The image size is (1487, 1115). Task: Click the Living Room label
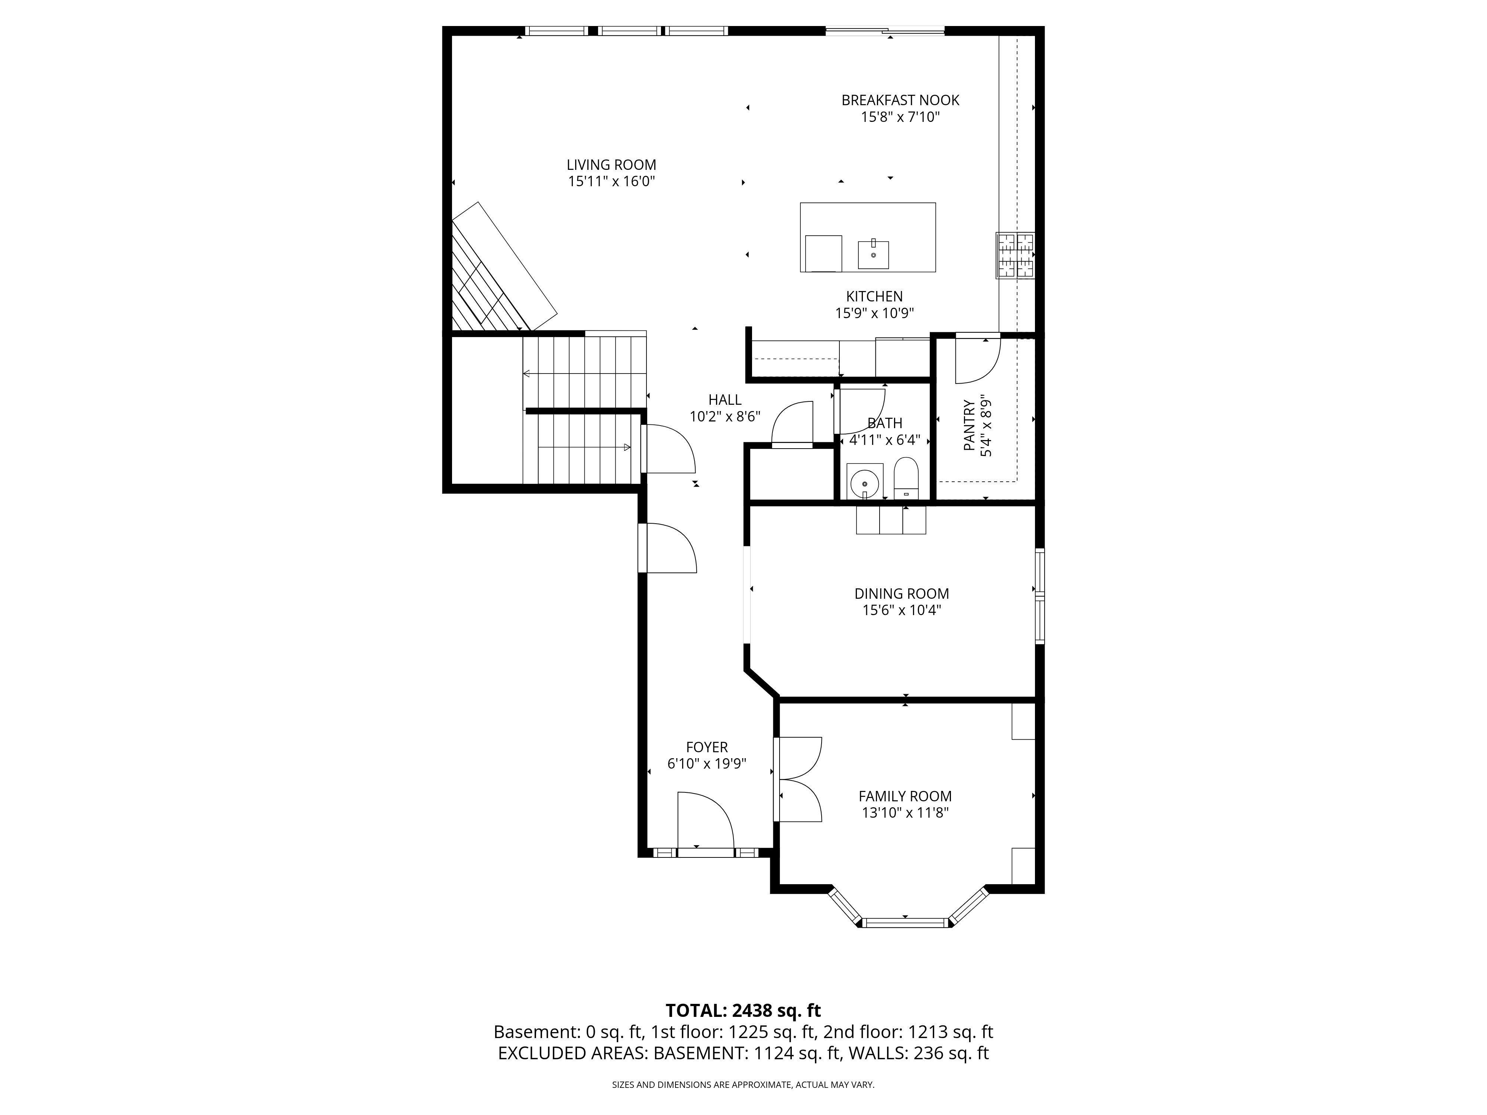pos(611,165)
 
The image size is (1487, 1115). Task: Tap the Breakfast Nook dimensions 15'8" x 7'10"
pos(900,117)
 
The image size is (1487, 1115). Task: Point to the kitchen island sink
pos(873,255)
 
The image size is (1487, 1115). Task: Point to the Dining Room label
pos(901,594)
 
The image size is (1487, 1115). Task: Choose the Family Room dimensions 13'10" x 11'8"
pos(905,812)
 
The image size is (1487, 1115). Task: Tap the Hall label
pos(725,400)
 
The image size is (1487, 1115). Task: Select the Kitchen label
pos(874,296)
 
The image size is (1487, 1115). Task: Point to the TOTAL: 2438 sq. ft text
pos(743,1029)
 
